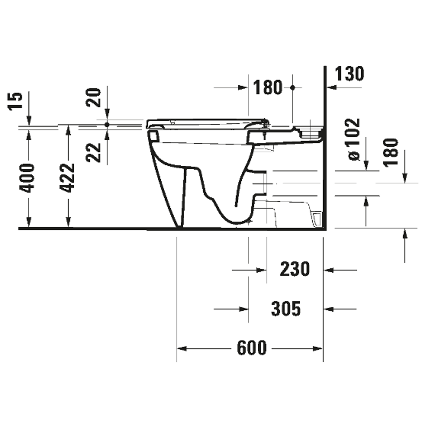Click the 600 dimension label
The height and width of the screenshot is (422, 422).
click(x=252, y=348)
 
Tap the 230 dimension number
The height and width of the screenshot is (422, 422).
click(x=295, y=269)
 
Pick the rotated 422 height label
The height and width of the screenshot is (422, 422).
click(x=68, y=178)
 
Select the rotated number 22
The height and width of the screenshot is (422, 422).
click(x=94, y=152)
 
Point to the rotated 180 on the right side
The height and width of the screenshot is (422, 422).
click(x=391, y=152)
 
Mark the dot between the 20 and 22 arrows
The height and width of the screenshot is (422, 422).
click(x=107, y=124)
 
